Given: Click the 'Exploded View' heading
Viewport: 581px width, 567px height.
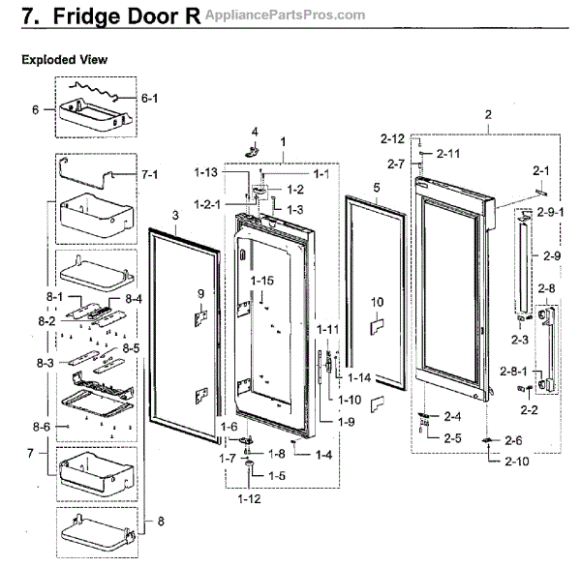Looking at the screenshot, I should pyautogui.click(x=64, y=60).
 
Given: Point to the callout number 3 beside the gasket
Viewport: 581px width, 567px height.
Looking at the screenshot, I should pyautogui.click(x=176, y=215).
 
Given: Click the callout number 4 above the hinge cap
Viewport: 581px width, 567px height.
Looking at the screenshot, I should pyautogui.click(x=255, y=131).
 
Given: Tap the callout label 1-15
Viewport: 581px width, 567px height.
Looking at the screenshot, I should pyautogui.click(x=262, y=280).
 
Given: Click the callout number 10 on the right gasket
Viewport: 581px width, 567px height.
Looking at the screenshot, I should pyautogui.click(x=378, y=302).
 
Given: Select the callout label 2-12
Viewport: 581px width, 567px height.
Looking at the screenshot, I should pyautogui.click(x=392, y=138).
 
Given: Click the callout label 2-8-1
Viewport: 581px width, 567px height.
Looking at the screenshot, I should pyautogui.click(x=510, y=371).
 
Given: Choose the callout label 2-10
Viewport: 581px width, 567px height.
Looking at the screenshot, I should pyautogui.click(x=517, y=462).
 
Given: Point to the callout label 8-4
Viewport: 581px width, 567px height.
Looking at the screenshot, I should pyautogui.click(x=133, y=301).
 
